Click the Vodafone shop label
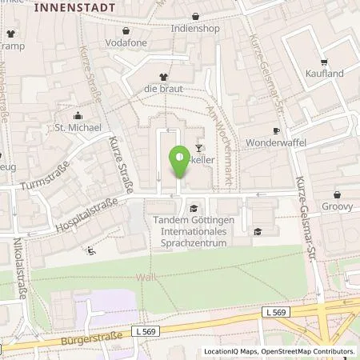click(x=132, y=40)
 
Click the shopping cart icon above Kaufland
click(x=324, y=61)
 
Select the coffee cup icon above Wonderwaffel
click(x=277, y=130)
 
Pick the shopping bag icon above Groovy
click(x=336, y=194)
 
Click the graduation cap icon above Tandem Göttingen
click(x=193, y=210)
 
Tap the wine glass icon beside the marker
click(x=199, y=148)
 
